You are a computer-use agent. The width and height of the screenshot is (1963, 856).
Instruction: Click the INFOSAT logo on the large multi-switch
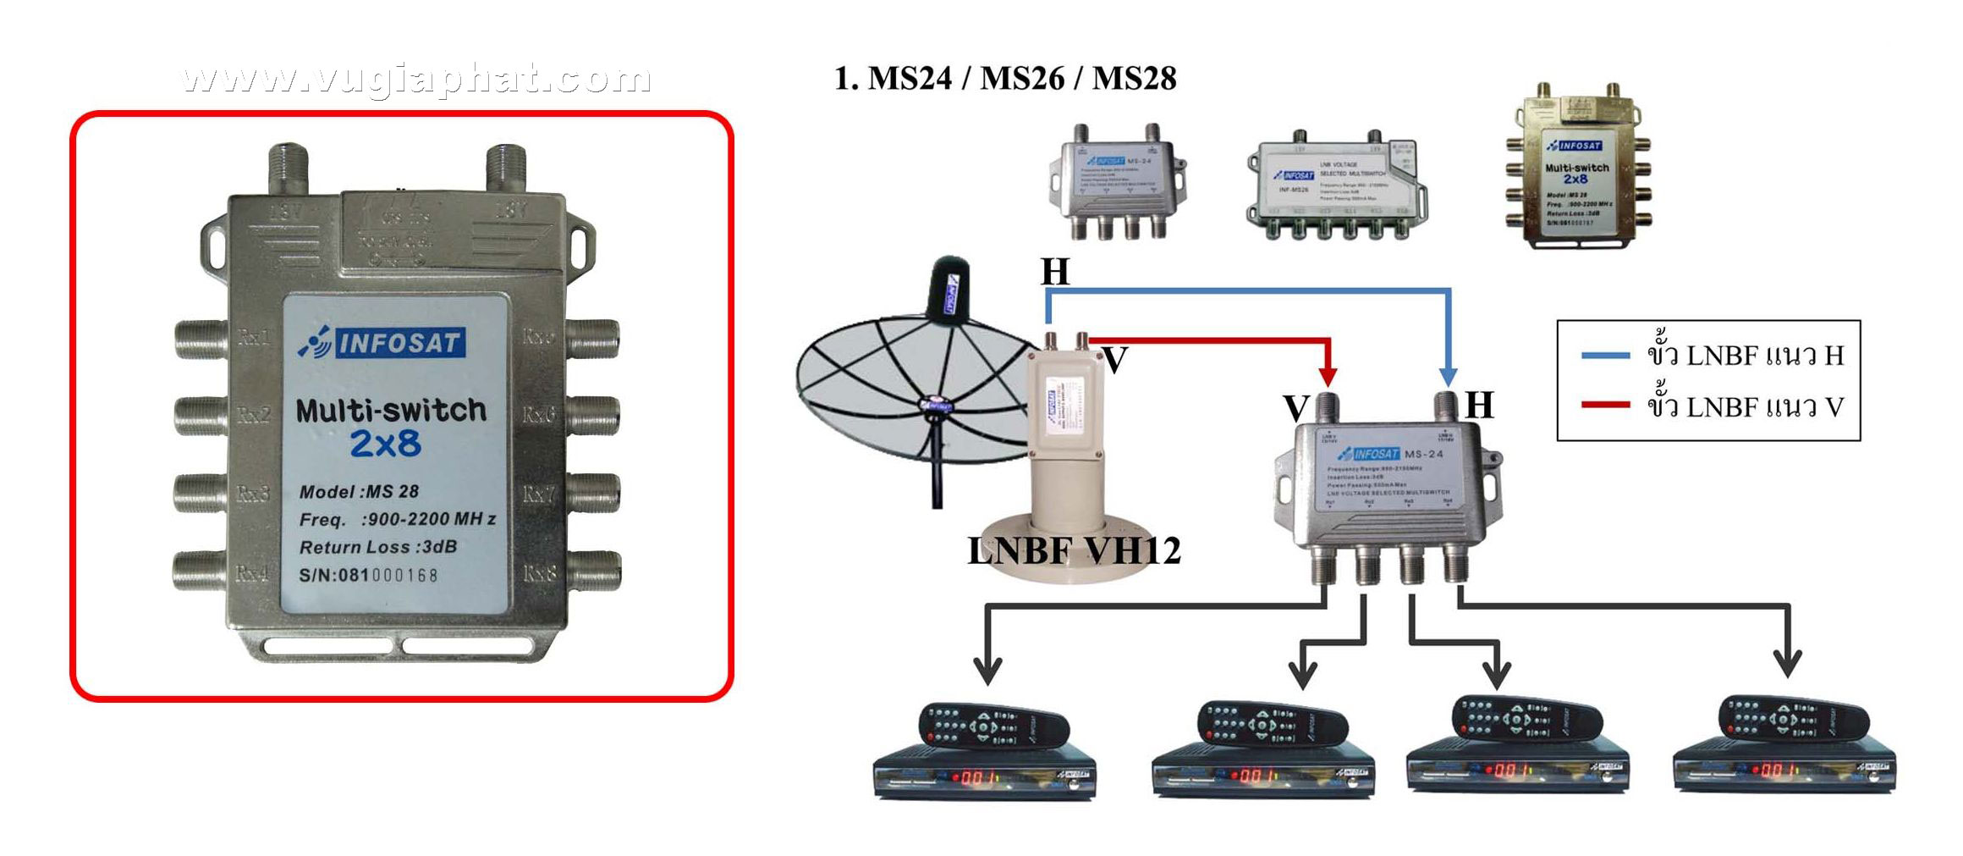point(382,343)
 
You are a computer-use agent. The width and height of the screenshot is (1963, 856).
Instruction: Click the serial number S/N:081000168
point(369,576)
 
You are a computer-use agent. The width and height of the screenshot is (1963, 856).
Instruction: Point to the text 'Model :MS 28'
point(359,491)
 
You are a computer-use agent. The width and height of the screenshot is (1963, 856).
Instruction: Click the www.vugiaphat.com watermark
point(416,79)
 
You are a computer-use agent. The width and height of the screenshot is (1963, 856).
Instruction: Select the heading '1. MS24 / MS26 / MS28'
point(1005,79)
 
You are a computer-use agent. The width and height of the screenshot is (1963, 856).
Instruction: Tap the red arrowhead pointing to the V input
point(1328,375)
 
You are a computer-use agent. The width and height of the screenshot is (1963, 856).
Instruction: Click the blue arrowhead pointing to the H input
point(1449,376)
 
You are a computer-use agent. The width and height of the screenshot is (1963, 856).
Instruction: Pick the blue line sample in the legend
point(1605,356)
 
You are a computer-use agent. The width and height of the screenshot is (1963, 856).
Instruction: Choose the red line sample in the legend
point(1605,406)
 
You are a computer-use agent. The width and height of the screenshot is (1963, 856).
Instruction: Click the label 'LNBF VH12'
point(1074,551)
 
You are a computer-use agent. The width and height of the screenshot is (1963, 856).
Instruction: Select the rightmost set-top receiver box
point(1784,769)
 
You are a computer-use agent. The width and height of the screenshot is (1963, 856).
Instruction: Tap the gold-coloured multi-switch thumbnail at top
point(1575,169)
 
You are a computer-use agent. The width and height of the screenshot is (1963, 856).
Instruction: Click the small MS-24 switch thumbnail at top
point(1114,180)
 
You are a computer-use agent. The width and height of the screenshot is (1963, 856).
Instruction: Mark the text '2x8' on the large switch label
point(386,444)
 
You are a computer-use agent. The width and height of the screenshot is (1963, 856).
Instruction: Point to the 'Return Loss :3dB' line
point(378,547)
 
